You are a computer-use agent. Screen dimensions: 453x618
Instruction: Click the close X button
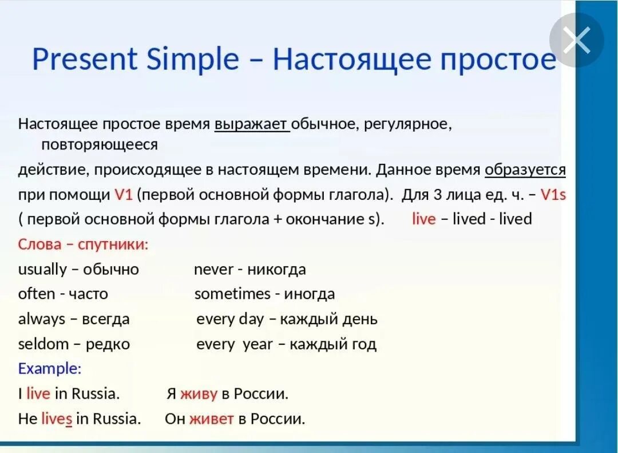tap(576, 40)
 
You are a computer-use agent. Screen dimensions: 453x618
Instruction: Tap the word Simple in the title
tap(192, 59)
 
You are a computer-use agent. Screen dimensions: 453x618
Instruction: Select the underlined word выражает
tap(251, 124)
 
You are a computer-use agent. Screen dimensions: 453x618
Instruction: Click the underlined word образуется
tap(525, 170)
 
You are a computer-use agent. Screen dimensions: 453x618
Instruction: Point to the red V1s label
tap(553, 195)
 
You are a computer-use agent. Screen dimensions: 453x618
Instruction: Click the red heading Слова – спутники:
tap(83, 245)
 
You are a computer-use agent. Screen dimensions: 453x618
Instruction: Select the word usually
tap(42, 270)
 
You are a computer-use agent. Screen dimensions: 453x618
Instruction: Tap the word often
tap(37, 294)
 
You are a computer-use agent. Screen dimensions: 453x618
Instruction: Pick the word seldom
tap(43, 344)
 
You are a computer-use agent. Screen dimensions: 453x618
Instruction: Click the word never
tap(213, 270)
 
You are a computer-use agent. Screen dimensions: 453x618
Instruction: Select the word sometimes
tap(232, 294)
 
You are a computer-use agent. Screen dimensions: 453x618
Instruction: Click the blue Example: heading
tap(50, 369)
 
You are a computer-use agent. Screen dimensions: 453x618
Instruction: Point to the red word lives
tap(57, 419)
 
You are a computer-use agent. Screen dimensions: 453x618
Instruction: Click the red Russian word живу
tap(199, 394)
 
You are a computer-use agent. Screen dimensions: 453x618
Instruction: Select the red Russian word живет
tap(211, 419)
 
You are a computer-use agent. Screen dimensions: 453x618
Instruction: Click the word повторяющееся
tap(99, 145)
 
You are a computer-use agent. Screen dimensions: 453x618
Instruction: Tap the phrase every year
tap(234, 344)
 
